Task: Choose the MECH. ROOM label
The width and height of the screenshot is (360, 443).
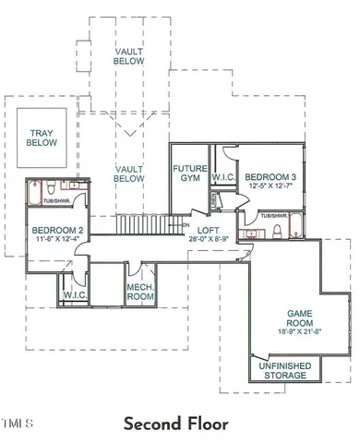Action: [139, 293]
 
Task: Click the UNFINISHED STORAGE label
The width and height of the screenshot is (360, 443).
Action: [286, 370]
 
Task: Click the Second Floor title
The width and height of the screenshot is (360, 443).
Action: [175, 424]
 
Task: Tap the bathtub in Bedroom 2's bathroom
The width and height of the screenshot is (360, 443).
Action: [37, 194]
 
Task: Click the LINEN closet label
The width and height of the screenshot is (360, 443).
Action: [213, 199]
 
